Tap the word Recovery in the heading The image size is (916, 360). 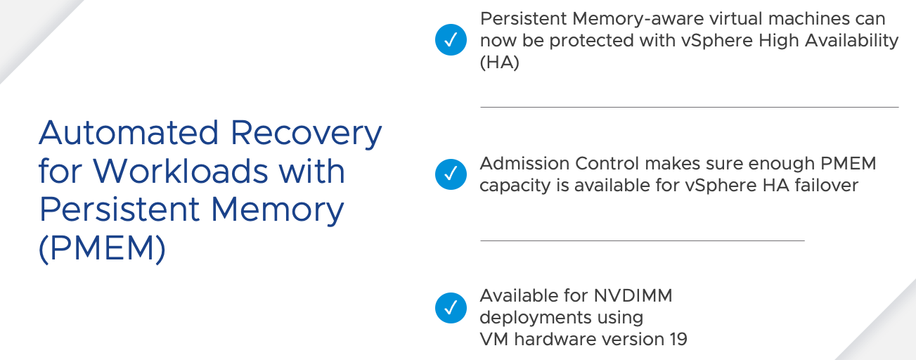(307, 133)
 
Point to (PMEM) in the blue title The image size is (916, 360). (102, 248)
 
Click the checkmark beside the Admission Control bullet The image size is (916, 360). (451, 174)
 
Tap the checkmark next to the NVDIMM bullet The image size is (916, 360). (451, 307)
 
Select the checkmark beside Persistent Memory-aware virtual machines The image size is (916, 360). (451, 40)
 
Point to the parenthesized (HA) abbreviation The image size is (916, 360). (499, 63)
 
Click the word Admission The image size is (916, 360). (524, 164)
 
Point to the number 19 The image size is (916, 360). (676, 340)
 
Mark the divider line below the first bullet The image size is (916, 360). (689, 107)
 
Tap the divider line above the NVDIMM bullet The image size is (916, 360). (642, 240)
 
